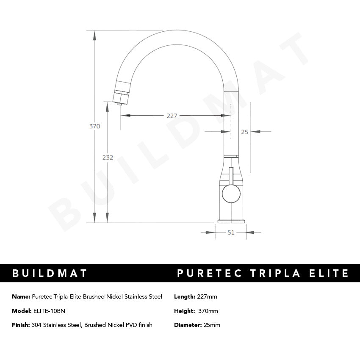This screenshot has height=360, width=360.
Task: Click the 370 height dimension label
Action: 95,126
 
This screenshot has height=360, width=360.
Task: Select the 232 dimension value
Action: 108,158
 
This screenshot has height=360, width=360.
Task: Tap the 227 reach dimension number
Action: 172,116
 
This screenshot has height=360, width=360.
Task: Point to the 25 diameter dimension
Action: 244,132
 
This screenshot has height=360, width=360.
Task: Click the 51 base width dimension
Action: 231,232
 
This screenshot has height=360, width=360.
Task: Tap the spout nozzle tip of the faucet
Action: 119,101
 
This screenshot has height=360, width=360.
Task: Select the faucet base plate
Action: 231,221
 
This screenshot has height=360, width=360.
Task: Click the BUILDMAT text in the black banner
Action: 50,273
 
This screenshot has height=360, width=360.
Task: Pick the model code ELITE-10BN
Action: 49,311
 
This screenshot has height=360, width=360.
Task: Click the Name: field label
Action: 21,296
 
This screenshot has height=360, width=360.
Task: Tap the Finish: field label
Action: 21,325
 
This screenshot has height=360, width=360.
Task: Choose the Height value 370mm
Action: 208,311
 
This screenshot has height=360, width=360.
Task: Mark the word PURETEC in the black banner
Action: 209,273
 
